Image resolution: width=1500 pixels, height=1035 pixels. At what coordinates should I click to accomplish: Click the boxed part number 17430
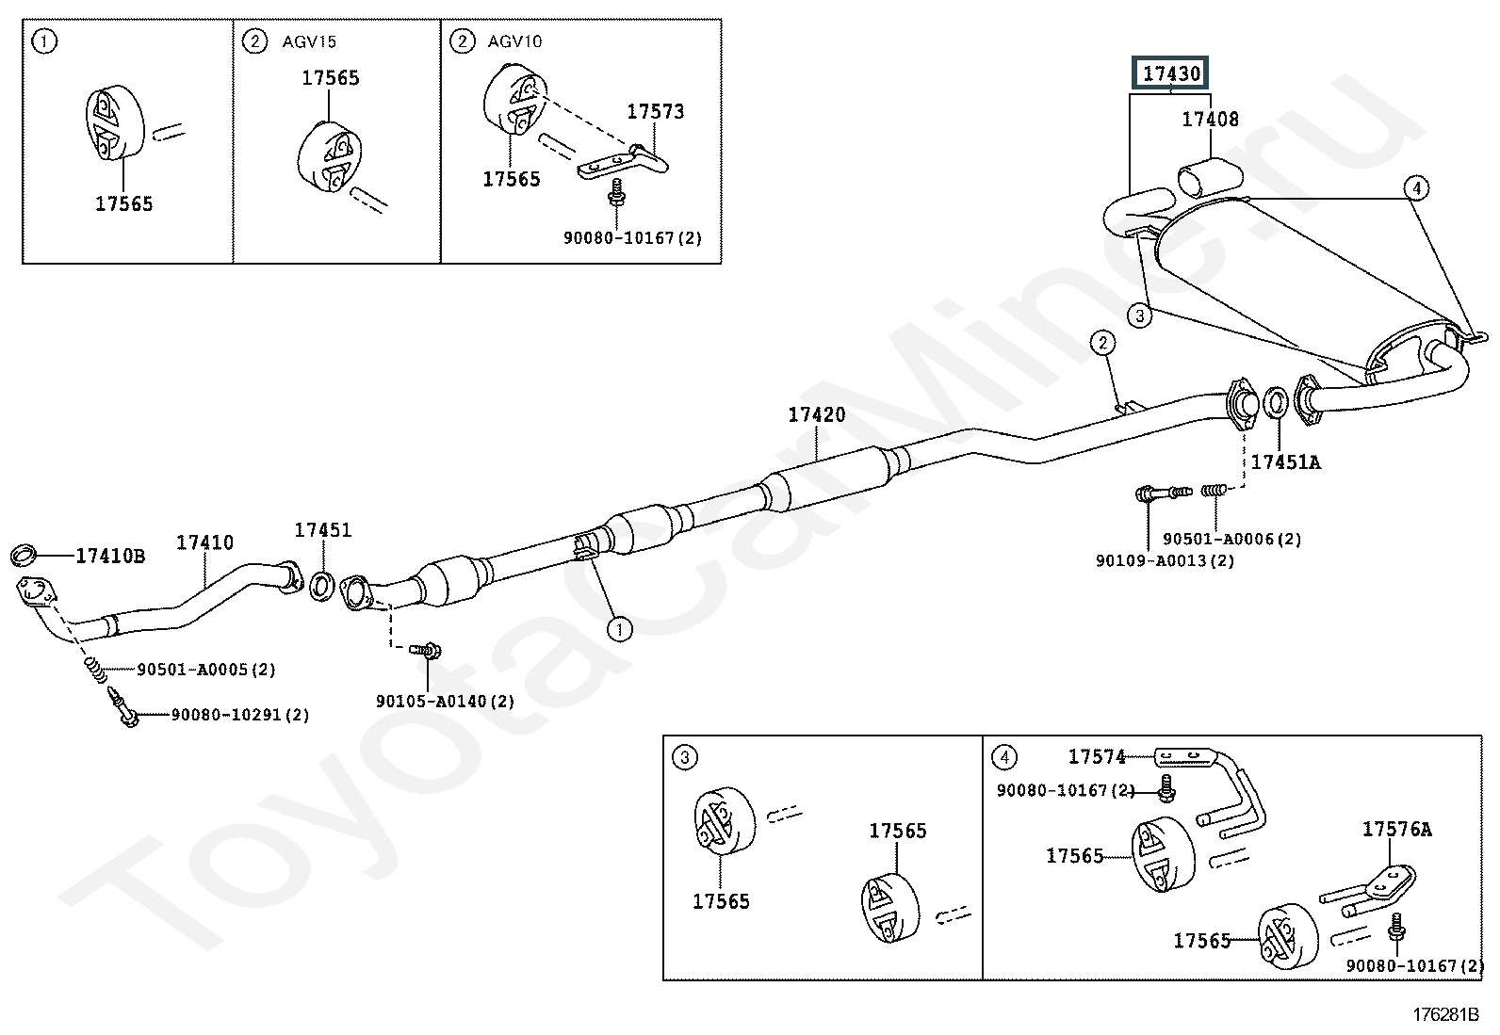(x=1172, y=73)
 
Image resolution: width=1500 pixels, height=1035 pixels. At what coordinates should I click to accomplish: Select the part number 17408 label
(x=1211, y=120)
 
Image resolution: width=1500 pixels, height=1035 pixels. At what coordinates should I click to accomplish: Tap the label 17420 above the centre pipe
(x=817, y=414)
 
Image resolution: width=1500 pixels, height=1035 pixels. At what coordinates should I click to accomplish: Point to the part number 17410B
(x=110, y=556)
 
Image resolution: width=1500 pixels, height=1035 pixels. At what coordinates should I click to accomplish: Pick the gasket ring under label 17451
(x=321, y=586)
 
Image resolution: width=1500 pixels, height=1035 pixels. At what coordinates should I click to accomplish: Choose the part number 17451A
(x=1285, y=462)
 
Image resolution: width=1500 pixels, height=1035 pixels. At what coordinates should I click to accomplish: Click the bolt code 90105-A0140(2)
(x=445, y=702)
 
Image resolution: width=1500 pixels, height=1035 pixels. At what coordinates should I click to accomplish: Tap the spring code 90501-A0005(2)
(x=206, y=670)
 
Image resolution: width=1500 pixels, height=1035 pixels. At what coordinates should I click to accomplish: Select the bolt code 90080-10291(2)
(x=240, y=715)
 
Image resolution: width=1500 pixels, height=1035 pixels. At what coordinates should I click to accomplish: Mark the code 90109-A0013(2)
(x=1165, y=560)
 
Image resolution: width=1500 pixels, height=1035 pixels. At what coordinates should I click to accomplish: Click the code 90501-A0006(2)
(x=1231, y=539)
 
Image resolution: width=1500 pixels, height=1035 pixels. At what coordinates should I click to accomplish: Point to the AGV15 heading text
(x=309, y=41)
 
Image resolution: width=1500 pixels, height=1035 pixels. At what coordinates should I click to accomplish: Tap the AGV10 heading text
(x=514, y=41)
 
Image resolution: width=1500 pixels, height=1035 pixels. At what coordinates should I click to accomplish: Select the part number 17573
(x=656, y=112)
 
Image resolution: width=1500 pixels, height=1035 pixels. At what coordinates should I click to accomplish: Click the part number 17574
(x=1097, y=756)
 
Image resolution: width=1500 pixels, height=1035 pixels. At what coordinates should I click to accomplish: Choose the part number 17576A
(x=1396, y=830)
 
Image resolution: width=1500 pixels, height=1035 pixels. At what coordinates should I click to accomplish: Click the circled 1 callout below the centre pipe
(x=619, y=628)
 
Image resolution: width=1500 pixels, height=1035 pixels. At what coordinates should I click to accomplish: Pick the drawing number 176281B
(x=1444, y=1014)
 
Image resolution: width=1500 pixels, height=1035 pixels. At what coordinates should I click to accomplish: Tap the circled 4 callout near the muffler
(x=1416, y=188)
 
